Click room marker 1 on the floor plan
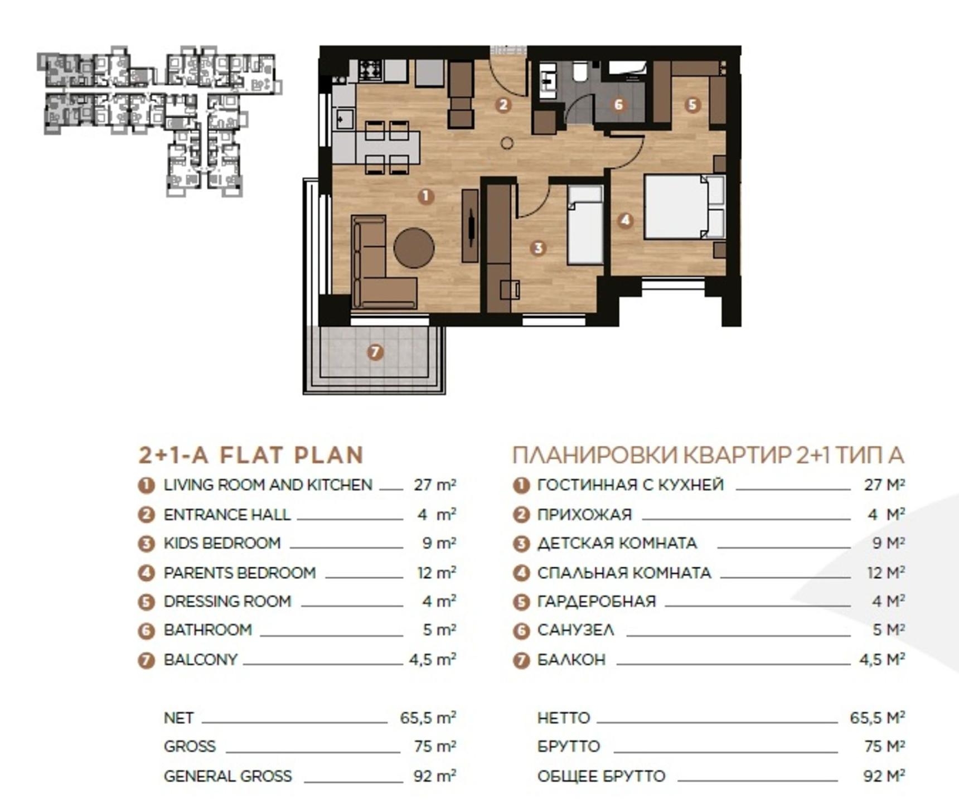(x=425, y=196)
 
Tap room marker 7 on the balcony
(x=375, y=352)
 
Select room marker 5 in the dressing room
(x=692, y=104)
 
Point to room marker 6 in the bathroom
(x=618, y=104)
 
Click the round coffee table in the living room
(x=414, y=248)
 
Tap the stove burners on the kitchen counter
(x=370, y=70)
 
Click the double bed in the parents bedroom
(x=685, y=207)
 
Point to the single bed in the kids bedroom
(x=585, y=225)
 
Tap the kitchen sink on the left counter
(x=343, y=119)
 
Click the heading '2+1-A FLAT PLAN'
(x=251, y=455)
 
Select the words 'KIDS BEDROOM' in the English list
(x=222, y=543)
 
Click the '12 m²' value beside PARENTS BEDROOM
(x=437, y=572)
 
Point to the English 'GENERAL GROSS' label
(x=227, y=776)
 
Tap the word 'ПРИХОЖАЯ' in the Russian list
(x=584, y=514)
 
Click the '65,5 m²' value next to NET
(x=428, y=717)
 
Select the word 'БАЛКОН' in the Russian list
(x=571, y=660)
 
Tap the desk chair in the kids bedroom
(x=510, y=289)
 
